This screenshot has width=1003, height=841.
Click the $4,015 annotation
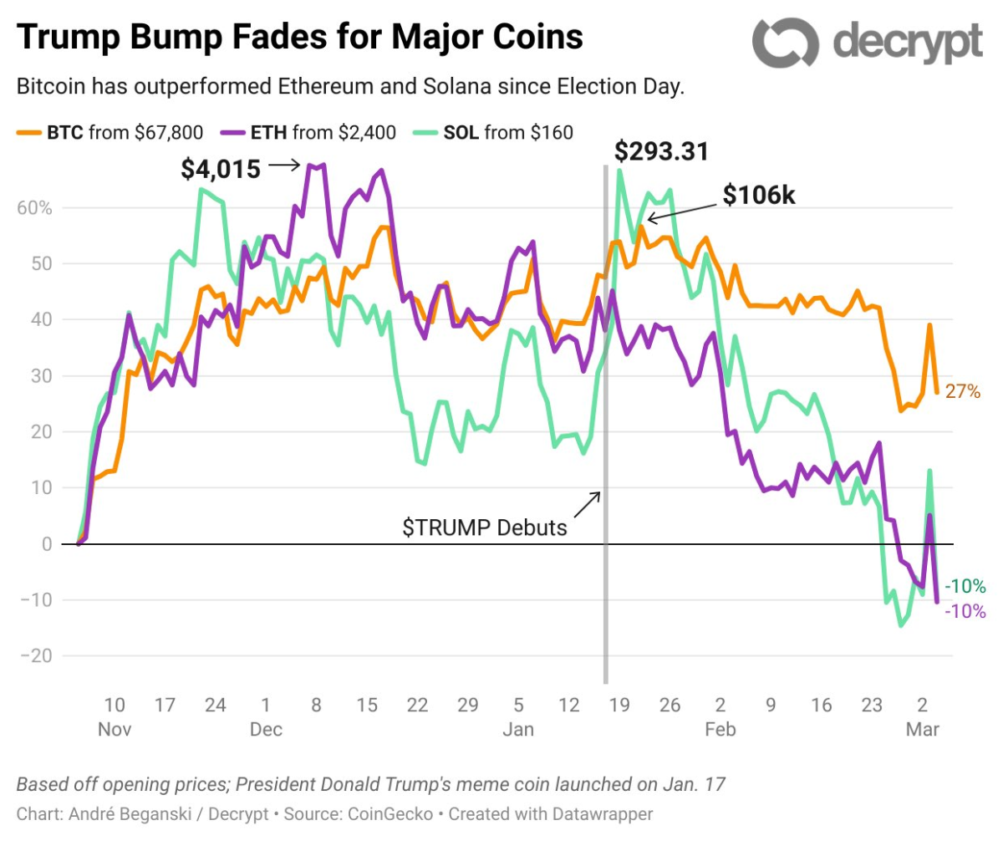tap(221, 169)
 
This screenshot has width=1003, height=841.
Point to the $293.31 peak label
tap(661, 151)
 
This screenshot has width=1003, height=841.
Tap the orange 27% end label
tap(961, 390)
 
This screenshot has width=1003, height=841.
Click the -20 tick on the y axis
tap(36, 656)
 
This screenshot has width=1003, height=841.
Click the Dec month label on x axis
tap(265, 729)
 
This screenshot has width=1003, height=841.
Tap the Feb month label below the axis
tap(720, 729)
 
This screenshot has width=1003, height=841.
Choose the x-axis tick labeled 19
tap(619, 705)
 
